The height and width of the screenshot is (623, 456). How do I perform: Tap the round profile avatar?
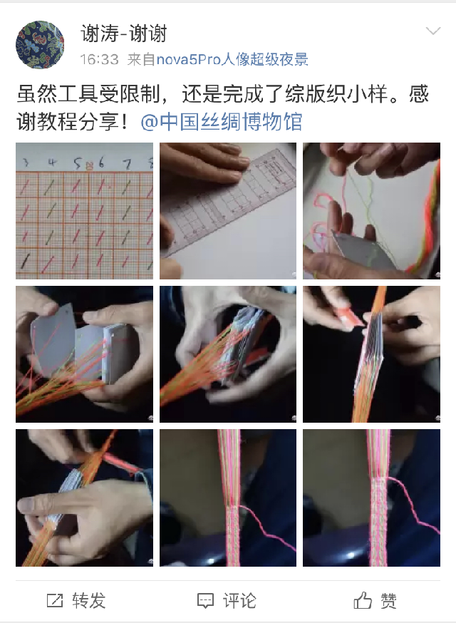(x=40, y=44)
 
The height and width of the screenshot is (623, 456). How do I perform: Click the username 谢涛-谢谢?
(x=123, y=33)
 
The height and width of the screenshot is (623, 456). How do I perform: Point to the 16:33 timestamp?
(x=99, y=60)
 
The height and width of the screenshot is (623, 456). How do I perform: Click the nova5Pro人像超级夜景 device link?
(x=232, y=60)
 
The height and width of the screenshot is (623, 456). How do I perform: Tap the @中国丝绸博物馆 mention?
(x=222, y=121)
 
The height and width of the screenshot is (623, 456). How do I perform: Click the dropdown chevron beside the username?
(x=433, y=31)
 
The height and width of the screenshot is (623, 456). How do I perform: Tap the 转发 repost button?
(x=76, y=600)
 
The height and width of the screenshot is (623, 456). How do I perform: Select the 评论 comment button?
(x=227, y=600)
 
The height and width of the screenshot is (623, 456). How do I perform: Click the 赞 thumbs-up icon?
(x=363, y=600)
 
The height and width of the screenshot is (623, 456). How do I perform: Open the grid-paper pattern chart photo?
(x=84, y=210)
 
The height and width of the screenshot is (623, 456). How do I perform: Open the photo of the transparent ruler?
(x=228, y=210)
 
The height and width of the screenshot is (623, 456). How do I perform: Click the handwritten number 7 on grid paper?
(x=127, y=164)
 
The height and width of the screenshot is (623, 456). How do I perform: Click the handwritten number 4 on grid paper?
(x=52, y=163)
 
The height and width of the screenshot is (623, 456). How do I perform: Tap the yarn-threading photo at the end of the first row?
(x=371, y=210)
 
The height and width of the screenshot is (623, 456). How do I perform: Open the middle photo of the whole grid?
(x=228, y=354)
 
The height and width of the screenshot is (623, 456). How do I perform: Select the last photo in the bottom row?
(x=371, y=498)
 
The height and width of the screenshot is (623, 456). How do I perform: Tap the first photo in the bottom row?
(x=84, y=498)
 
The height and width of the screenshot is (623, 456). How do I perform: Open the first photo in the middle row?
(x=84, y=354)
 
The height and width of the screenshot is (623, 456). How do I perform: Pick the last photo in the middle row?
(x=371, y=354)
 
